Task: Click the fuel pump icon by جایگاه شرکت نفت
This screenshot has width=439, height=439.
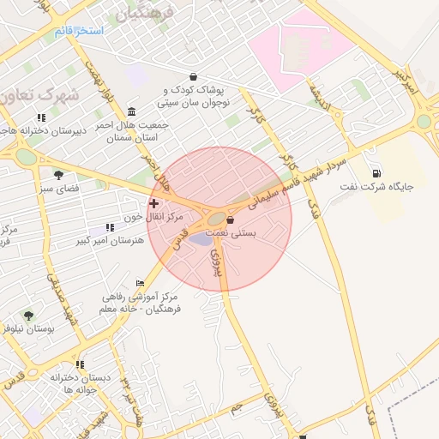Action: (x=377, y=172)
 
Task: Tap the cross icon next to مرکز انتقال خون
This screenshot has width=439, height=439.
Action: (x=153, y=203)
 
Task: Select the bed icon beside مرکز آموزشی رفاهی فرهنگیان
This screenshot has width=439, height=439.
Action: (x=140, y=284)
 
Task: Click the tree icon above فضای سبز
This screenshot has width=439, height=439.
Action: (x=58, y=175)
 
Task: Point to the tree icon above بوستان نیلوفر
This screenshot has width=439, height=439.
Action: (x=28, y=316)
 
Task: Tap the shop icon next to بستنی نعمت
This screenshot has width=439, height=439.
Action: (x=229, y=220)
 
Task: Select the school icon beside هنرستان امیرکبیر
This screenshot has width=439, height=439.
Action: (x=109, y=227)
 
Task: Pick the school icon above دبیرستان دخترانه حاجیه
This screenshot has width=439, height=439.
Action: (x=40, y=118)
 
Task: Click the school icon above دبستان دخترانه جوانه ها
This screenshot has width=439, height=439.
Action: (x=80, y=364)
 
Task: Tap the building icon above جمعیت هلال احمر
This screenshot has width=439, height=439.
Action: (x=130, y=112)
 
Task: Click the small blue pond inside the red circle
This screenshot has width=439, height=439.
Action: (x=199, y=238)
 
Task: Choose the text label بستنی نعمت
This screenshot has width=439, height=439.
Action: (x=257, y=232)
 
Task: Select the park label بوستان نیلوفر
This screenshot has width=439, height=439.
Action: (x=28, y=328)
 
